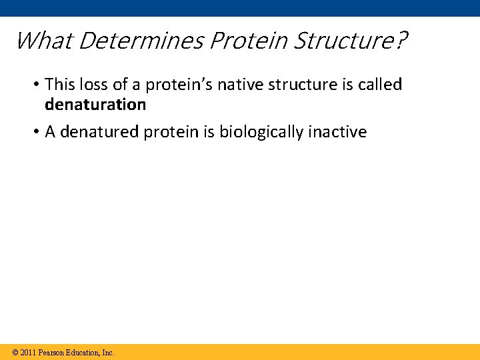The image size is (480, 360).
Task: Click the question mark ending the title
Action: pyautogui.click(x=399, y=41)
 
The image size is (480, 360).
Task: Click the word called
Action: pyautogui.click(x=381, y=85)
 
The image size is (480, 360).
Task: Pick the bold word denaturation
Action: pyautogui.click(x=95, y=105)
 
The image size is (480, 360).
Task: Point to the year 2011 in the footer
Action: pyautogui.click(x=28, y=352)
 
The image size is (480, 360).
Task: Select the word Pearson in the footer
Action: pyautogui.click(x=52, y=352)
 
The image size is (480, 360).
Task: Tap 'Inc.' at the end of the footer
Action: pyautogui.click(x=108, y=352)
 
